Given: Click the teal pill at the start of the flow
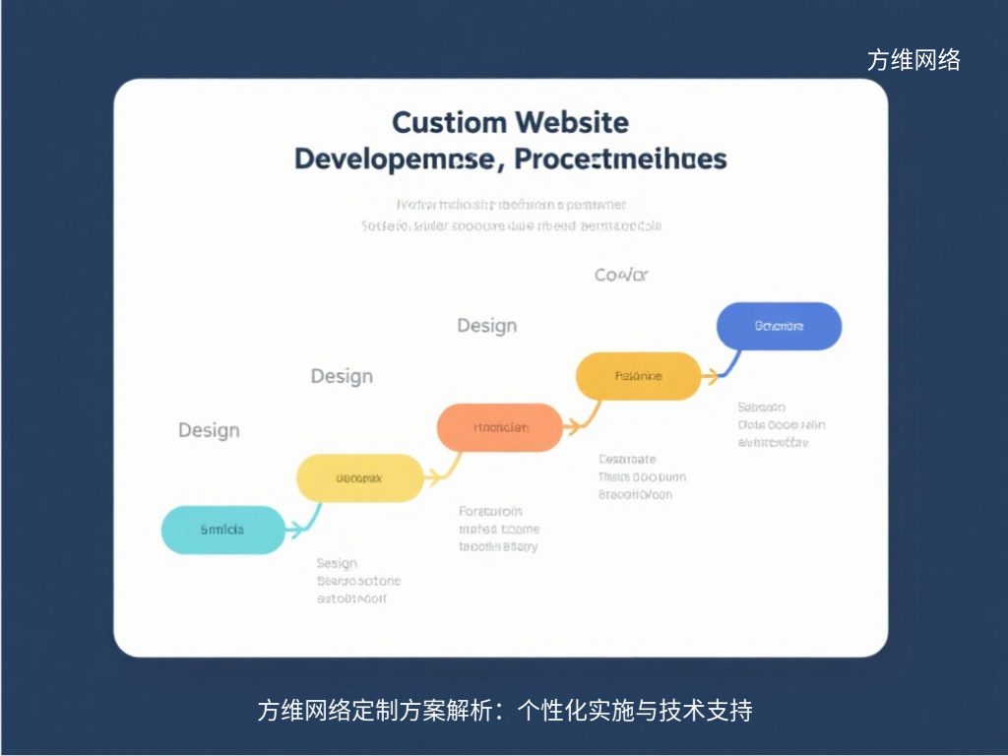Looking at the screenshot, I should click(222, 530).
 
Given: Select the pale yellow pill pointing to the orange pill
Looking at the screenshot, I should click(359, 478).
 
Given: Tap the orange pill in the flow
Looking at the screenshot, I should click(500, 427).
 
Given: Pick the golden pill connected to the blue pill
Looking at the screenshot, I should click(638, 375).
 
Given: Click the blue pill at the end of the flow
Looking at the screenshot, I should click(779, 326).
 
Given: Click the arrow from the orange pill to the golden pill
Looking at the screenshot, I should click(582, 415).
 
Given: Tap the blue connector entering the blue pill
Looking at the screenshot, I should click(725, 364).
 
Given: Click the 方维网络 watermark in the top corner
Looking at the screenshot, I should click(913, 60).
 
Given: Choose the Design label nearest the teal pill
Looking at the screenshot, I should click(209, 430).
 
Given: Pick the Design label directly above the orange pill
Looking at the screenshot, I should click(486, 325).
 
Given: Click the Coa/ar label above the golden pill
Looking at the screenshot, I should click(621, 275).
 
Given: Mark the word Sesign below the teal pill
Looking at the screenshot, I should click(337, 563).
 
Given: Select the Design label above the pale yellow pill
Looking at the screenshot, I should click(342, 376).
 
